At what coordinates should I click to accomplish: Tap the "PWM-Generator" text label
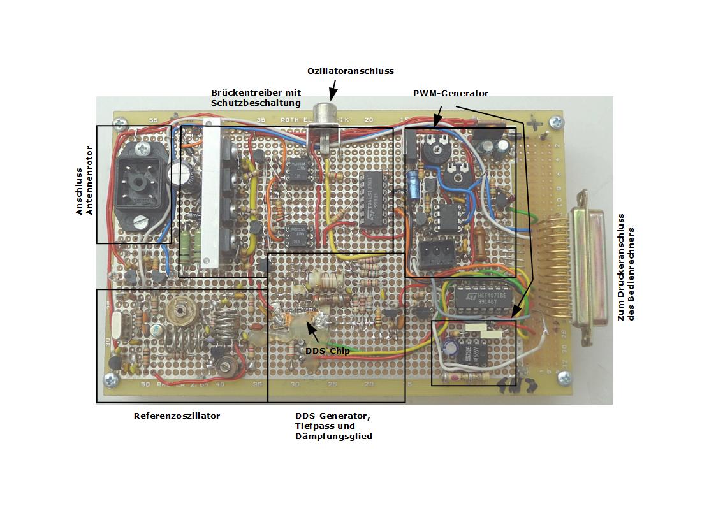[450, 93]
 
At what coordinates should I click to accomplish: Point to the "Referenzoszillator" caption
[177, 416]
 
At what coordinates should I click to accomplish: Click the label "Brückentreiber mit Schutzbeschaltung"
[256, 98]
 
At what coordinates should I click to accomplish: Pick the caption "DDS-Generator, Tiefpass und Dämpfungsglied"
[333, 426]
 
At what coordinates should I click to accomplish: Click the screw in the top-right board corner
[559, 120]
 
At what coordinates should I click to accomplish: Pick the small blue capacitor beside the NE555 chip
[452, 349]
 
